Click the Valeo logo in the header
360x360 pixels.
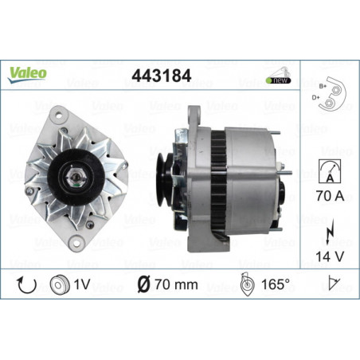pos(27,75)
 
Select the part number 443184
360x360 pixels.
pos(162,76)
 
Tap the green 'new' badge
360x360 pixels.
pos(278,80)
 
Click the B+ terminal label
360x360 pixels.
pos(323,86)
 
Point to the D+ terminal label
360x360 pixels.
pos(315,97)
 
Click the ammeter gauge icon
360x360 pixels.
pos(330,171)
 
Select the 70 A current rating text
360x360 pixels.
pos(330,196)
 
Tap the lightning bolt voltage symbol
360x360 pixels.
pos(330,232)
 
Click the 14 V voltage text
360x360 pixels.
pos(330,256)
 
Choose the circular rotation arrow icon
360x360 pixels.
pos(26,284)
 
